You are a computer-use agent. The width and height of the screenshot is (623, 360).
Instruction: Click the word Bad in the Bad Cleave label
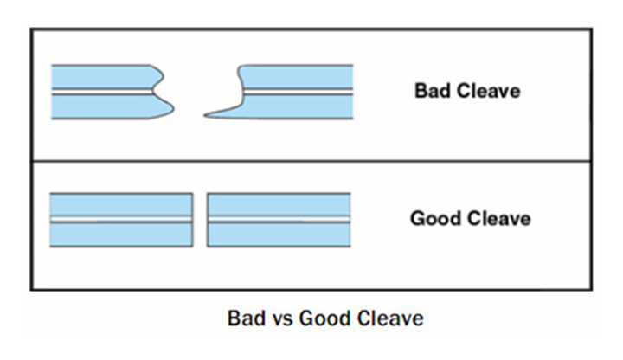coord(434,91)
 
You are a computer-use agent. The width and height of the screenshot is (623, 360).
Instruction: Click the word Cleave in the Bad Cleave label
coord(489,91)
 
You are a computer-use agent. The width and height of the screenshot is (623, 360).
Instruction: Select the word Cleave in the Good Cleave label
coord(499,218)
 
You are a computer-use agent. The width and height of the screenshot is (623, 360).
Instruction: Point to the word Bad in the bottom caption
coord(247,318)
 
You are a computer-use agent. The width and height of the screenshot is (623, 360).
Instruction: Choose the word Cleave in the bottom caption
coord(389,318)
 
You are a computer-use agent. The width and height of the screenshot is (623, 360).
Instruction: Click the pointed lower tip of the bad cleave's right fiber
coord(205,115)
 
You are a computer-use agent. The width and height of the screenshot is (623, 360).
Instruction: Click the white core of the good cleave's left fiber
coord(122,220)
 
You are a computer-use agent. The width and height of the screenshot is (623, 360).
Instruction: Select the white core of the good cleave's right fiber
coord(279,220)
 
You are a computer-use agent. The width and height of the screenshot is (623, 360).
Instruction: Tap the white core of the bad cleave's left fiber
coord(102,92)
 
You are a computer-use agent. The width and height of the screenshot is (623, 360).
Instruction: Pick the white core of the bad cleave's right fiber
coord(298,92)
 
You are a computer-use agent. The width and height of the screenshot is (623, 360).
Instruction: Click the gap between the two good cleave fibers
coord(200,220)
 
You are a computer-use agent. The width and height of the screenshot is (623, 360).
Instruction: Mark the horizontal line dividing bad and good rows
coord(311,161)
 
